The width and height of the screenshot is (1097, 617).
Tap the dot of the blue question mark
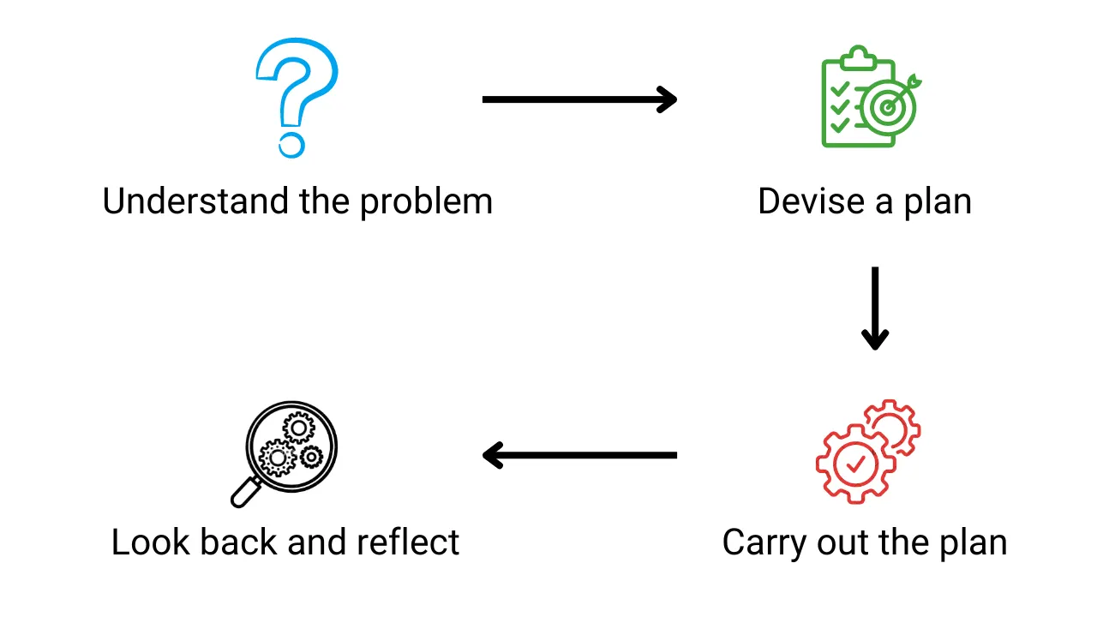(x=292, y=145)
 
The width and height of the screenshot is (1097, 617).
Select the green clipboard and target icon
(x=872, y=96)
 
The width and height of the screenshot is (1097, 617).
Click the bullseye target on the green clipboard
(x=888, y=108)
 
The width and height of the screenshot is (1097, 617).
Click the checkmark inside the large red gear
(x=855, y=464)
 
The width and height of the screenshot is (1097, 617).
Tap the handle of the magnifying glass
(x=245, y=493)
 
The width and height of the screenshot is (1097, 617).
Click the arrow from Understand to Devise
(x=580, y=99)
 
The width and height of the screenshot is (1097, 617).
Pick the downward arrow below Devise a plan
(x=875, y=308)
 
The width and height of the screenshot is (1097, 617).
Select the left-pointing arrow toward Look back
(x=580, y=455)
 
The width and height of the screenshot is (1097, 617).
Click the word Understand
(x=195, y=201)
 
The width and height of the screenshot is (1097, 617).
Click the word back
(x=238, y=542)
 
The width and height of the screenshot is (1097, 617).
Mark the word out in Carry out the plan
(x=844, y=543)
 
